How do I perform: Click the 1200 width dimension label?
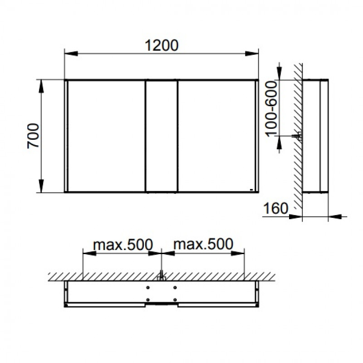(x=162, y=45)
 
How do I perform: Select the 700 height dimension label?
(x=33, y=136)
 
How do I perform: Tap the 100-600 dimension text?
(x=271, y=109)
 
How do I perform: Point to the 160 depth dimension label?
(x=276, y=208)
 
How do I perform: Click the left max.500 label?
(x=123, y=244)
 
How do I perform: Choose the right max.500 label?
(x=203, y=244)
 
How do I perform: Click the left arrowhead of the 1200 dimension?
(x=71, y=54)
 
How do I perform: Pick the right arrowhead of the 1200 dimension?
(x=252, y=54)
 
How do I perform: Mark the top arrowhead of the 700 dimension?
(x=41, y=86)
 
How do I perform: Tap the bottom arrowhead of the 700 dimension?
(x=41, y=186)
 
